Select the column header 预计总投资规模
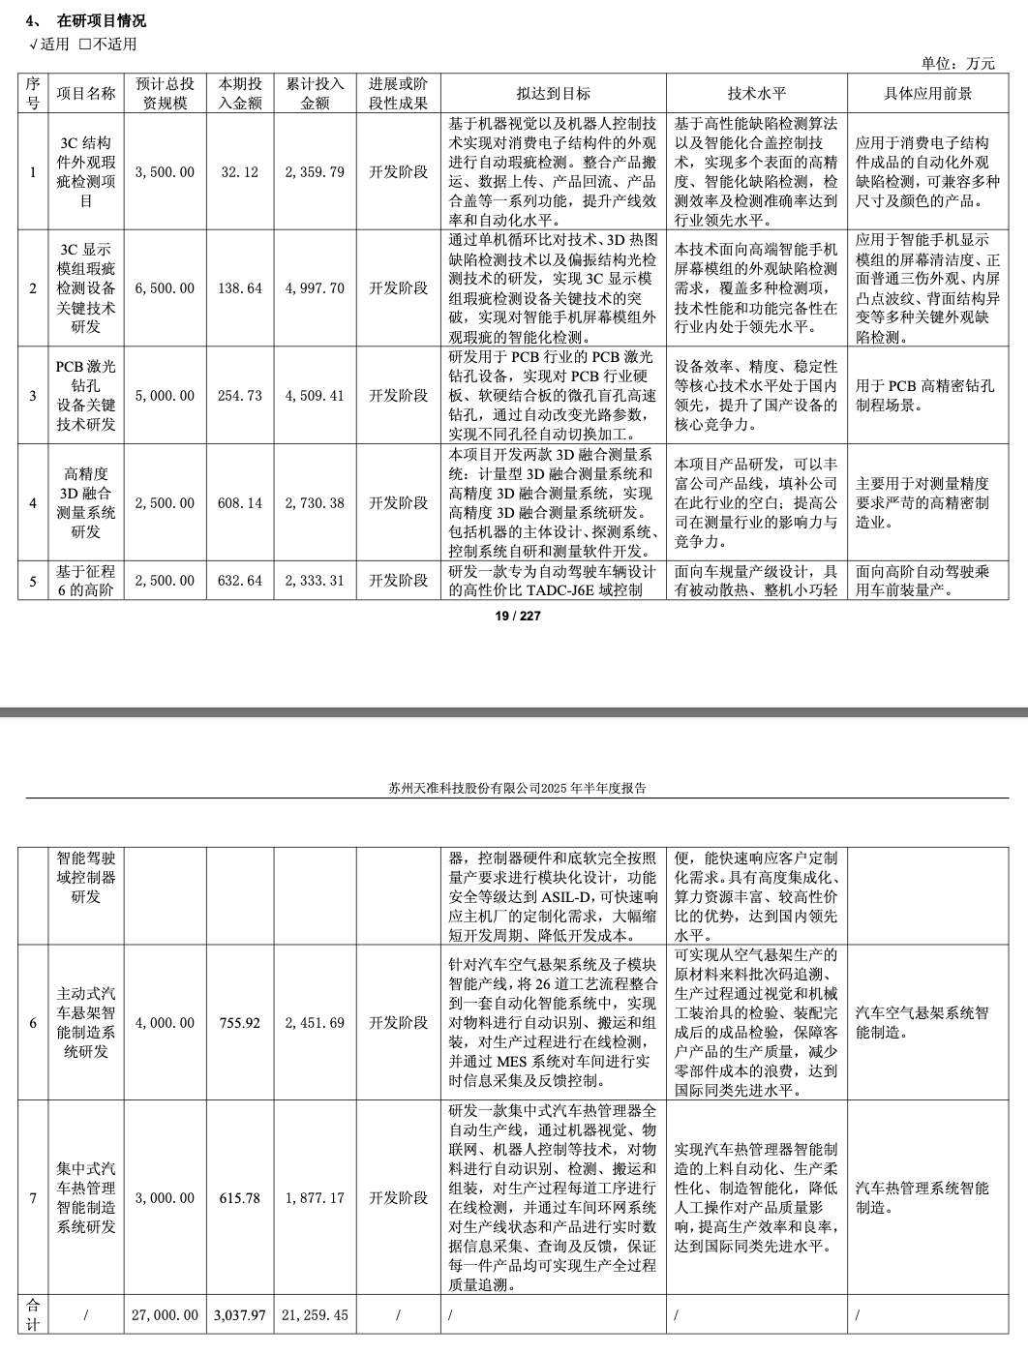pos(165,93)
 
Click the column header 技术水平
pos(756,93)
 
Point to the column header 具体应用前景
pos(927,93)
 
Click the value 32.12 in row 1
pos(240,172)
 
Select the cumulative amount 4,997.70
pos(315,288)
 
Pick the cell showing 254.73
pos(240,396)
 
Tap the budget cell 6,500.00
pos(165,288)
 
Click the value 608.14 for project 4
pos(240,503)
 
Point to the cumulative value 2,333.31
pos(315,581)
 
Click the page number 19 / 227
pos(518,616)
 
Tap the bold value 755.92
pos(240,1023)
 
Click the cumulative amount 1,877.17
pos(315,1198)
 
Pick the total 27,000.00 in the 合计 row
pos(165,1315)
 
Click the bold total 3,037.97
pos(240,1315)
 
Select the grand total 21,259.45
pos(315,1315)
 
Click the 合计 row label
pos(33,1315)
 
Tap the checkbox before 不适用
pos(85,44)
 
